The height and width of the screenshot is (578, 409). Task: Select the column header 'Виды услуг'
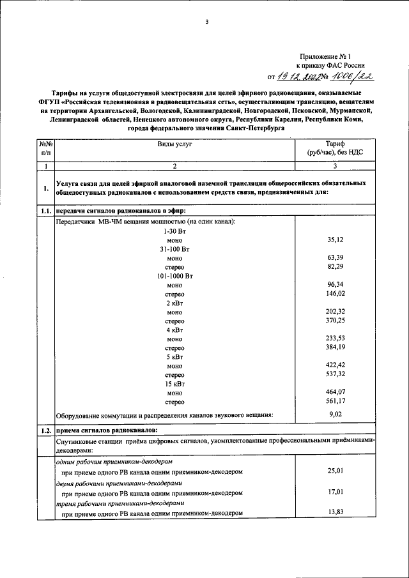click(174, 144)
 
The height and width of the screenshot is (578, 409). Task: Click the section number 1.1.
click(45, 211)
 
